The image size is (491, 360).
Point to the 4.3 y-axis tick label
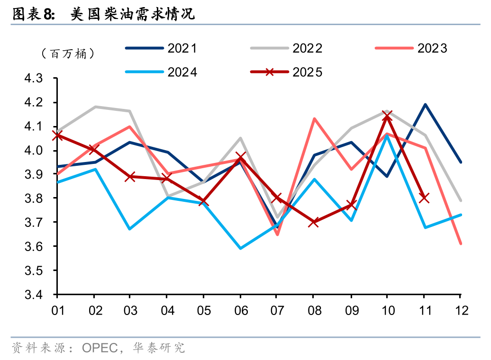40,79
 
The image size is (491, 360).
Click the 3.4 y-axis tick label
40,295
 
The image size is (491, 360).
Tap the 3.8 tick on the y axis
40,198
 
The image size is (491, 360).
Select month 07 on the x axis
277,311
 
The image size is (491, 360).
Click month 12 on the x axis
460,311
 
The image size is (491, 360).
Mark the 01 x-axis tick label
57,311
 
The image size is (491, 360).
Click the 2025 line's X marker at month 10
387,116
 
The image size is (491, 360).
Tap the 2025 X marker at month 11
424,198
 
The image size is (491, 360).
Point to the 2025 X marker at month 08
313,222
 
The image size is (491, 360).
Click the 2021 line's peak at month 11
425,105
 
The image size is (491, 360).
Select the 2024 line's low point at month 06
240,248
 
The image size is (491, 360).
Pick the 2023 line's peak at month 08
314,118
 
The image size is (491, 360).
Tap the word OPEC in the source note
100,348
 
